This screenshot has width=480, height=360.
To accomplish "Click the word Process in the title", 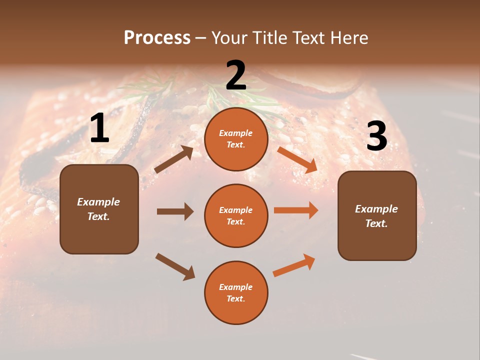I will [x=157, y=38].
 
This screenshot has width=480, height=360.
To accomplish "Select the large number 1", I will [x=99, y=129].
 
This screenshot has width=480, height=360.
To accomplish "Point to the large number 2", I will [x=236, y=75].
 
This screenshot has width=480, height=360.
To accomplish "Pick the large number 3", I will [x=376, y=136].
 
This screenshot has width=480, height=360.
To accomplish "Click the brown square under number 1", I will [x=99, y=209].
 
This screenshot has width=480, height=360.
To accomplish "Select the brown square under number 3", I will [x=377, y=215].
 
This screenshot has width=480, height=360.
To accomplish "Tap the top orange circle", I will [x=236, y=139].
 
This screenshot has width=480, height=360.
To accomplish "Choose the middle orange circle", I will [x=236, y=215].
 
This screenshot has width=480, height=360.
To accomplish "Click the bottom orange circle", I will [x=236, y=292].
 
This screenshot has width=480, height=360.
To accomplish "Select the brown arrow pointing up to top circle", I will [x=174, y=159].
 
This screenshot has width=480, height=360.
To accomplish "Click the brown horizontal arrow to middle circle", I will [x=175, y=211].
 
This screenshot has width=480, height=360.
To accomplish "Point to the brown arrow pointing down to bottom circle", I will [x=175, y=266].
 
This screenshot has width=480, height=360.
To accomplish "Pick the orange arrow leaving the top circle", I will [x=297, y=159].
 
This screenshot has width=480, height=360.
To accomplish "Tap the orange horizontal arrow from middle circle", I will [x=296, y=210].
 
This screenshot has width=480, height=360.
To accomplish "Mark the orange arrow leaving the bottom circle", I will [x=294, y=265].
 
